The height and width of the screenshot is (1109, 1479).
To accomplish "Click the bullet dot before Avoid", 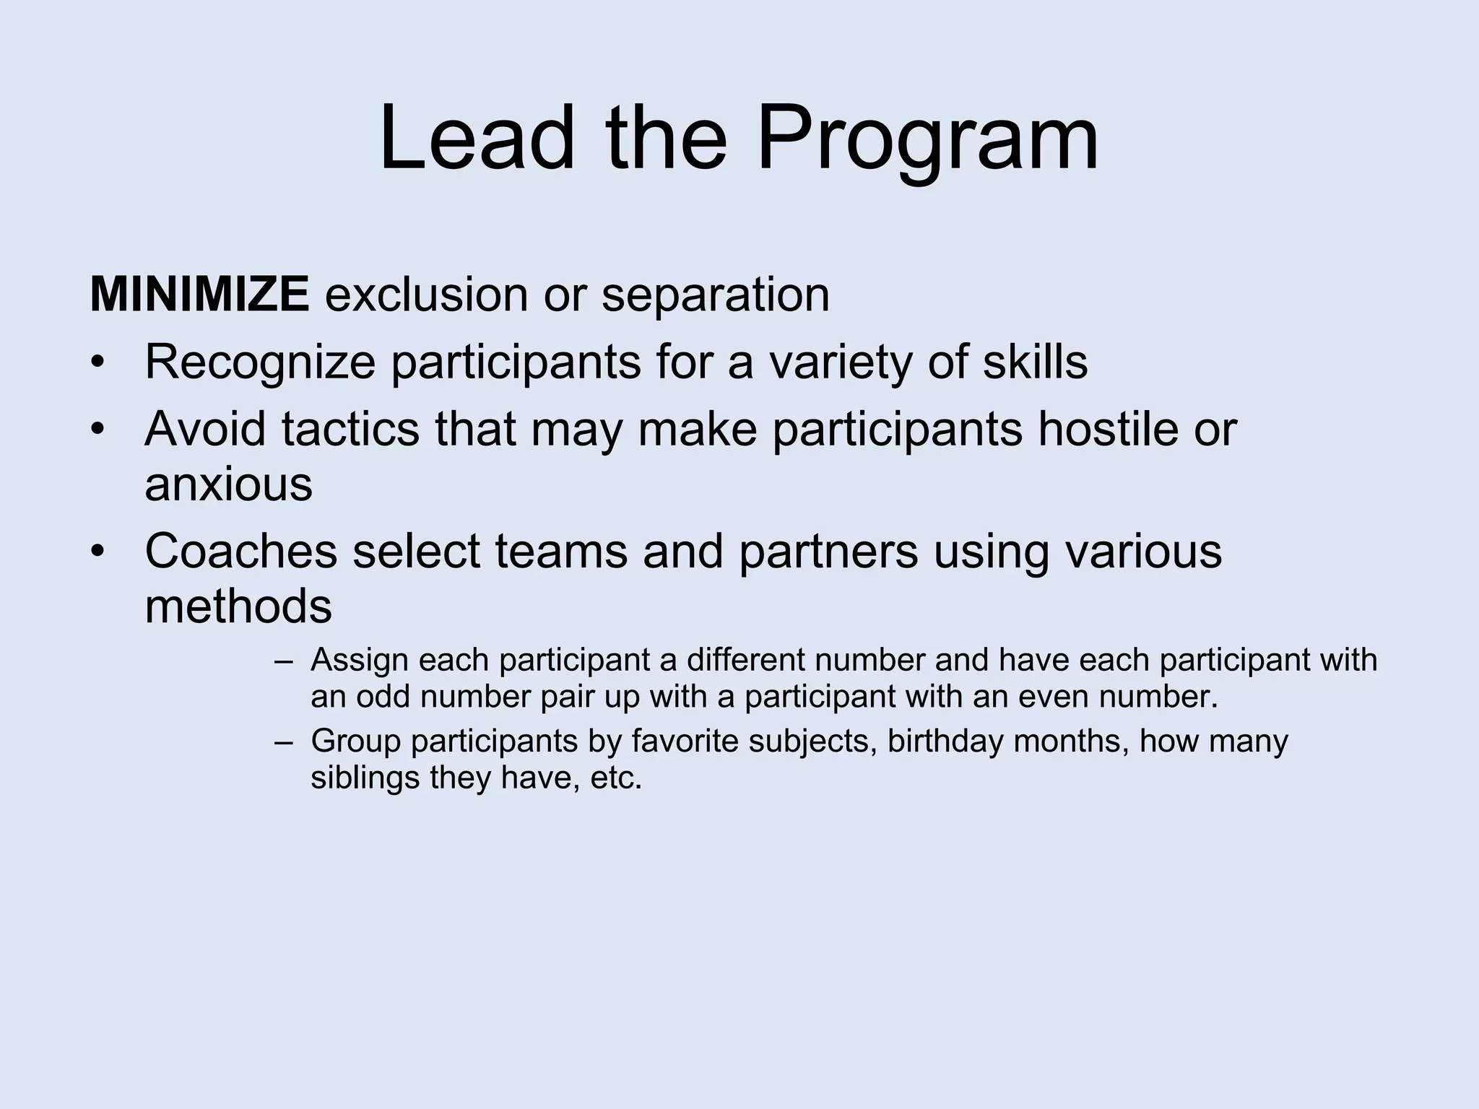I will (x=98, y=430).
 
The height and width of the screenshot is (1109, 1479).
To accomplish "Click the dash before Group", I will (x=284, y=742).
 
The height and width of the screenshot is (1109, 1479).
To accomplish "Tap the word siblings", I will (x=365, y=778).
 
